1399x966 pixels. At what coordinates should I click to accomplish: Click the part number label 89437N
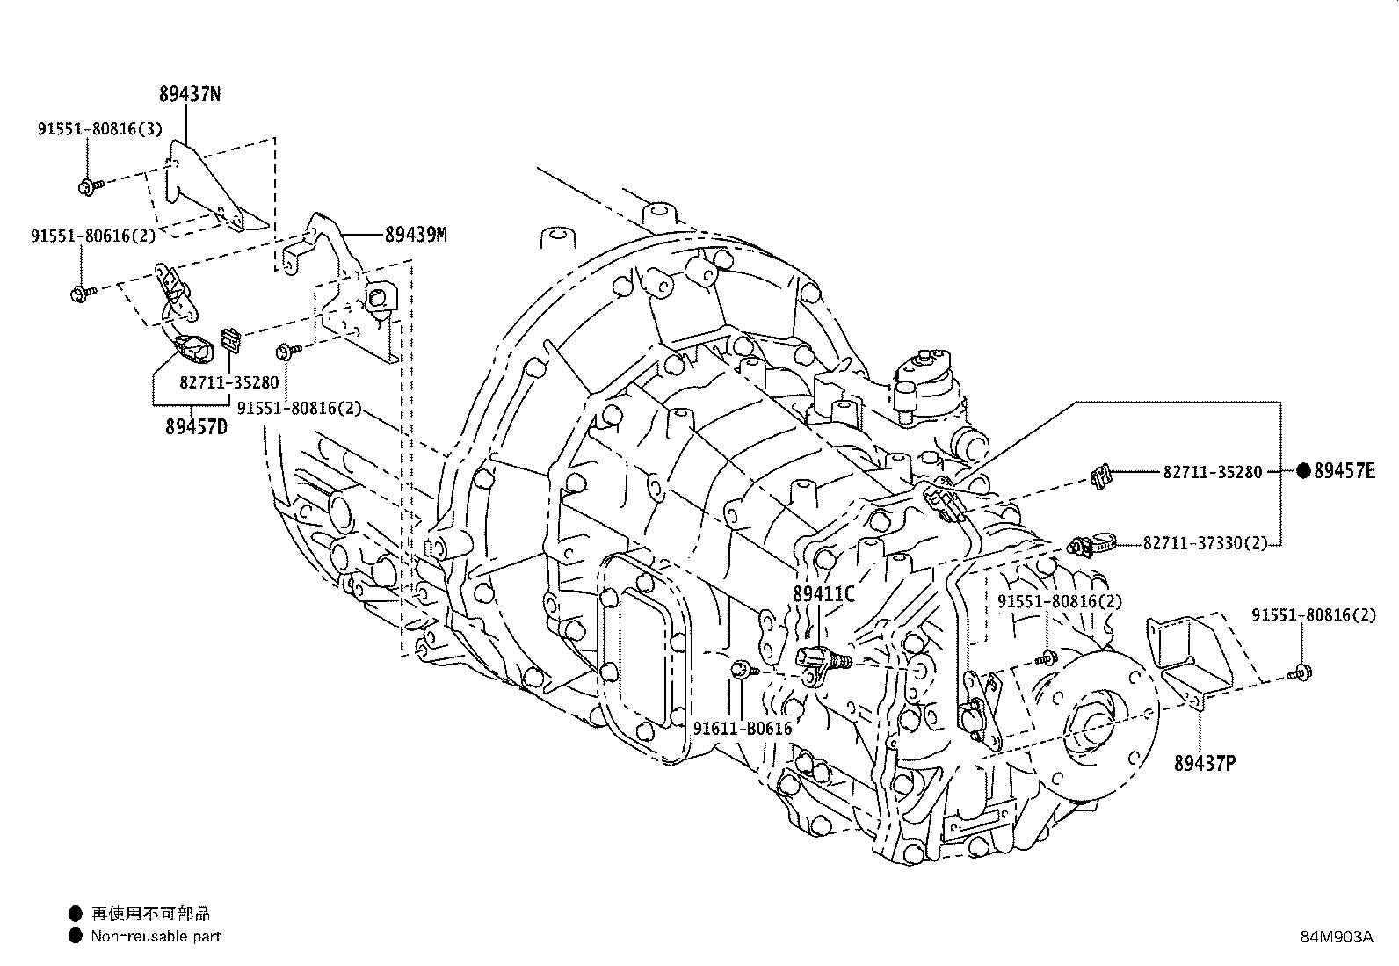[x=190, y=94]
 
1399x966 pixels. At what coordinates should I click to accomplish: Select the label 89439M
[x=416, y=235]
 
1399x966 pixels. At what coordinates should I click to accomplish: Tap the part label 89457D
[x=197, y=427]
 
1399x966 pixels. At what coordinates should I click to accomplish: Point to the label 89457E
[x=1345, y=471]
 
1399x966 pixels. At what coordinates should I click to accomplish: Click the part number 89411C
[x=823, y=594]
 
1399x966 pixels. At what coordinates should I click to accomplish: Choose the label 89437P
[x=1205, y=764]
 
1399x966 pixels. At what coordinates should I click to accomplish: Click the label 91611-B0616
[x=743, y=729]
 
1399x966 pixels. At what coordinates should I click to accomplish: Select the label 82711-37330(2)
[x=1206, y=543]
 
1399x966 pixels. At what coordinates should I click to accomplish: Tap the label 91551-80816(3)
[x=100, y=128]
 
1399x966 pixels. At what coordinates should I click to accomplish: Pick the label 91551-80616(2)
[x=93, y=236]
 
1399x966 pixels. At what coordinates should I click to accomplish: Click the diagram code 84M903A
[x=1337, y=937]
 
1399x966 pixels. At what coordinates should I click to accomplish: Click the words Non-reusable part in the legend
[x=156, y=936]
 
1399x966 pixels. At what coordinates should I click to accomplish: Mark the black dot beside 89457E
[x=1303, y=471]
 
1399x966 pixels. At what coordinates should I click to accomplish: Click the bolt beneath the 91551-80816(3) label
[x=90, y=186]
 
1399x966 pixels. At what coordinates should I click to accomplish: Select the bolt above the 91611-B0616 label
[x=744, y=669]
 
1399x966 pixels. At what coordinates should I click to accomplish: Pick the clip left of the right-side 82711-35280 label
[x=1100, y=476]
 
